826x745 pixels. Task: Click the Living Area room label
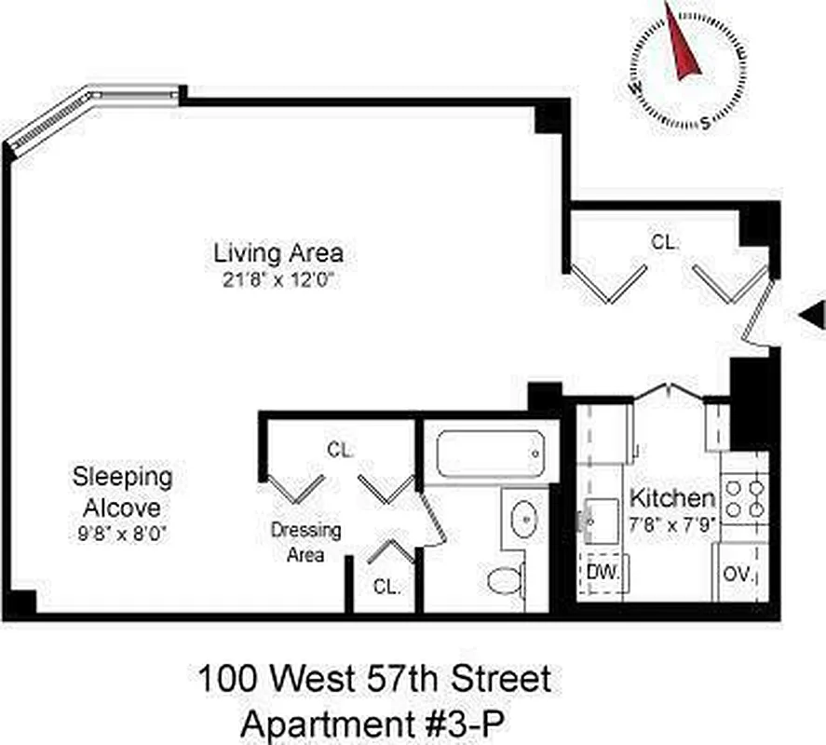[278, 252]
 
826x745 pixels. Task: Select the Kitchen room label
[672, 497]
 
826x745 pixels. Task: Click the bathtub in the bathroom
[490, 454]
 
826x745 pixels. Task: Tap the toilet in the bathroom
[506, 580]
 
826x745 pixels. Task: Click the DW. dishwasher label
[603, 573]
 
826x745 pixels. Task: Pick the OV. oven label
[739, 573]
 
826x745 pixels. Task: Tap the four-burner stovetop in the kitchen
[744, 497]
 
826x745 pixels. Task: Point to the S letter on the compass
[706, 120]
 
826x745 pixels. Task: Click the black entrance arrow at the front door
[812, 315]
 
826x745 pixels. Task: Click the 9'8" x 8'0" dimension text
[122, 535]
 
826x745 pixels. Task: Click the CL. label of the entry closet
[665, 242]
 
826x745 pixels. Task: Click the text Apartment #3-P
[372, 724]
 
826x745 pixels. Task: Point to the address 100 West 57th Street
[373, 679]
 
